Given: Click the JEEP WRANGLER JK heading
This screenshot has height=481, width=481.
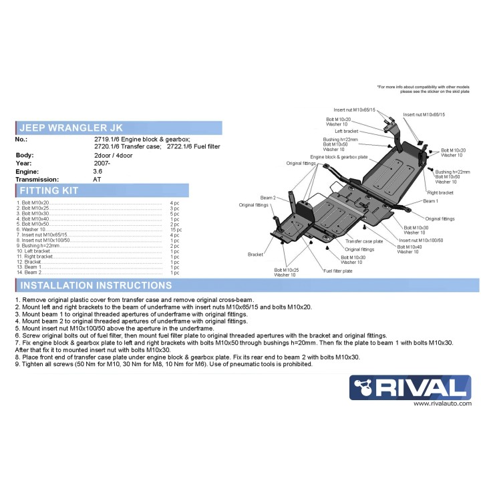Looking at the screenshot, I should [x=70, y=128].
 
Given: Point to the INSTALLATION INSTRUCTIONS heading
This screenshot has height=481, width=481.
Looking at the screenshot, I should [x=94, y=285].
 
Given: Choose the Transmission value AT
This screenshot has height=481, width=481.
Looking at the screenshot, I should [x=98, y=179].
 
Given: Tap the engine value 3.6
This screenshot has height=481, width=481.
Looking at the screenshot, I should [x=98, y=171].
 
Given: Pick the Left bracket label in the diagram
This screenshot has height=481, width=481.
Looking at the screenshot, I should [x=347, y=132].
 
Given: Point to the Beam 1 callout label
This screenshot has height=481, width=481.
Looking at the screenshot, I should [x=430, y=201].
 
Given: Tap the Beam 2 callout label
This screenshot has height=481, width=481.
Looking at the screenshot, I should [x=268, y=198].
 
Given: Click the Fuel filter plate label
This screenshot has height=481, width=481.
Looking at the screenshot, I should [x=338, y=271].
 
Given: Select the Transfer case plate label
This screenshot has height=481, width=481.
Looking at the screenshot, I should [x=364, y=240].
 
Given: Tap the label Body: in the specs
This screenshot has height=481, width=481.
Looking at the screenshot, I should [x=24, y=155].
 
